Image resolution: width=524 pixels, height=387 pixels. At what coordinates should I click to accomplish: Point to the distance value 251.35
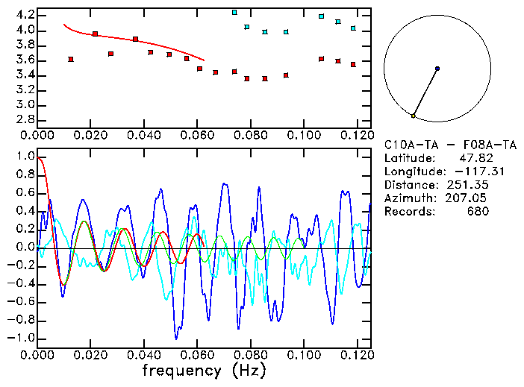pos(468,184)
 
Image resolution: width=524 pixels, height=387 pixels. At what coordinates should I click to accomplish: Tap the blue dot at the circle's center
pos(437,69)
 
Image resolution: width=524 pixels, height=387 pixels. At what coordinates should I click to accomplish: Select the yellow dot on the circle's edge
pos(413,116)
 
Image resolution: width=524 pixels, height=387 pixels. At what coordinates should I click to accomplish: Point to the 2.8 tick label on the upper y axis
pos(25,119)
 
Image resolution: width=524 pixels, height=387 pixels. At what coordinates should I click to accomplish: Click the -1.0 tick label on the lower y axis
pos(22,338)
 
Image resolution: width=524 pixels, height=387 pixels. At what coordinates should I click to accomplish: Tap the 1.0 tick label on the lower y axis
pos(25,157)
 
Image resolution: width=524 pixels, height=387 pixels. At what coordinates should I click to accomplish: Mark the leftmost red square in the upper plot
pos(71,59)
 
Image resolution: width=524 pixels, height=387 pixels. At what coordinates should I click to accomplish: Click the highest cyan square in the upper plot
pos(234,13)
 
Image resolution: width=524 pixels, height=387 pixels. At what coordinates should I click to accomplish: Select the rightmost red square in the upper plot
pos(353,64)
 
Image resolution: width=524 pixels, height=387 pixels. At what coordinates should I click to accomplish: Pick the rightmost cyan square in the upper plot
pos(353,28)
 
